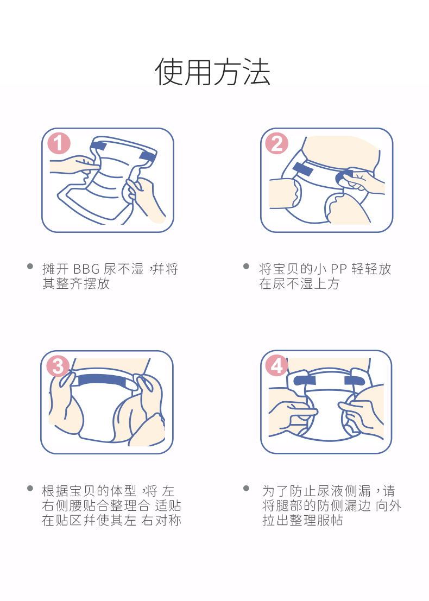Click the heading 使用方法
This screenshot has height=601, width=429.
point(213,72)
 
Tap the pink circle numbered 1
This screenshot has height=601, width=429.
point(59,143)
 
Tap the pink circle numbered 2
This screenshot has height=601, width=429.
point(277,143)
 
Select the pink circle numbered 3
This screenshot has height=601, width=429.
point(58,366)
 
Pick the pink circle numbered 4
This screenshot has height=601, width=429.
point(277,365)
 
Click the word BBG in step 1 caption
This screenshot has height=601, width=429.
point(86,269)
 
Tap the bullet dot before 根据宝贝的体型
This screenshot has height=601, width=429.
point(30,488)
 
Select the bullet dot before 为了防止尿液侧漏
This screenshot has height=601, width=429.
point(247,488)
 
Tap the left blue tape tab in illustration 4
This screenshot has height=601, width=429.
point(305,380)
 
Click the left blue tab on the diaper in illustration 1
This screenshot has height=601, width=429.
point(99,146)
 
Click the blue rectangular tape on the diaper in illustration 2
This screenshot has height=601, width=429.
point(302,169)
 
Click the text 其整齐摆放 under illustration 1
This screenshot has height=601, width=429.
point(76,283)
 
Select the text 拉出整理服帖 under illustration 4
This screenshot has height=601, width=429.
point(302,521)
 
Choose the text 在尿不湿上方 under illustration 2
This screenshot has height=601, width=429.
point(299,283)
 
